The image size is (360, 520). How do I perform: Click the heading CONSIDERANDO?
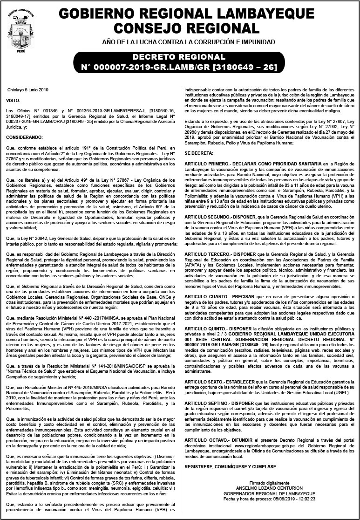pyautogui.click(x=25, y=137)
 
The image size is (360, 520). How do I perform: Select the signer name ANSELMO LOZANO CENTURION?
pyautogui.click(x=270, y=489)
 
